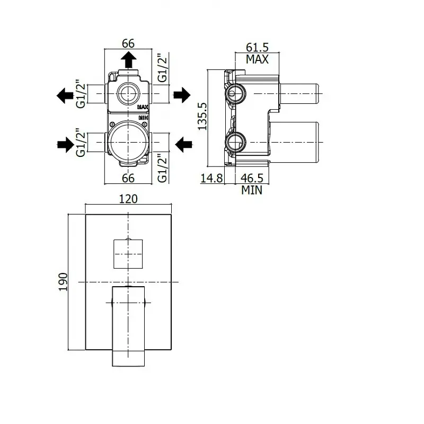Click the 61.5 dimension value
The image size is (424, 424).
click(x=257, y=47)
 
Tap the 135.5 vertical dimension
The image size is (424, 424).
click(x=202, y=116)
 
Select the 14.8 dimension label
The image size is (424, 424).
click(x=211, y=178)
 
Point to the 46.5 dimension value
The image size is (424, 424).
click(x=252, y=178)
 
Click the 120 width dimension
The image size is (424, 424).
click(x=128, y=199)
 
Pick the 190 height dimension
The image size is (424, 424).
click(x=63, y=282)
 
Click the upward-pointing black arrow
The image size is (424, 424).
click(x=128, y=59)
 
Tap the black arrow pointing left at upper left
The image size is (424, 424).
click(x=65, y=95)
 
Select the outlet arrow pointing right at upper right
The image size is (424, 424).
click(x=182, y=95)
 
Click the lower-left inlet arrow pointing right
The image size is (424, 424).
click(x=66, y=145)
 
